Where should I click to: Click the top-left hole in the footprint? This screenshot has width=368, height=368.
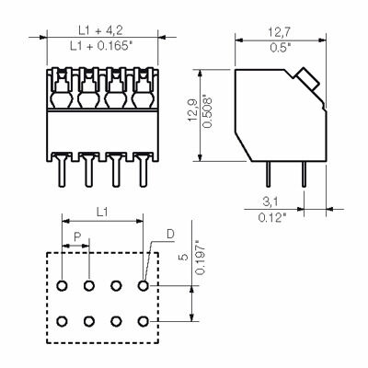(x=62, y=286)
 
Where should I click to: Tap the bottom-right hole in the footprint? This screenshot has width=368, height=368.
(x=143, y=320)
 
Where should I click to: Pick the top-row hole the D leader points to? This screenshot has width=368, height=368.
(x=143, y=286)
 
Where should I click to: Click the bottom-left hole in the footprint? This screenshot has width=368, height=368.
(x=62, y=320)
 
